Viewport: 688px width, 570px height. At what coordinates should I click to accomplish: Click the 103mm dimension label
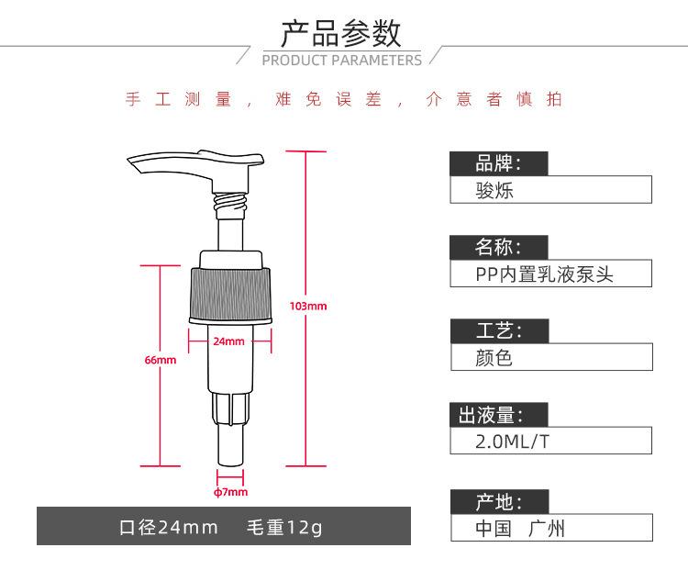pos(308,306)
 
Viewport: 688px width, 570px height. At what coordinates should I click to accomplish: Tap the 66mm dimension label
pos(161,360)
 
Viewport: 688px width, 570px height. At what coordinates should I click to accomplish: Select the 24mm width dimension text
pos(228,341)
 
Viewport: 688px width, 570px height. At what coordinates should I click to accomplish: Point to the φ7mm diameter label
pos(231,492)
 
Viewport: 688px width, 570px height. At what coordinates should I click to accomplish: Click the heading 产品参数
pos(341,33)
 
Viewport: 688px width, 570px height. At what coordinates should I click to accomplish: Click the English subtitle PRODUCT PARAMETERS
pos(342,61)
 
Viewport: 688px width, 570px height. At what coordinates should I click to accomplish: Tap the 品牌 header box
pos(499,163)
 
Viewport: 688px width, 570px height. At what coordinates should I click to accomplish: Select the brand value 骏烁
pos(494,191)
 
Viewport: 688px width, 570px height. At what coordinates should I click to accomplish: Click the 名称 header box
pos(499,247)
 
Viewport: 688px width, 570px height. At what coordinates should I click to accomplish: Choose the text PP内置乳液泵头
pos(544,274)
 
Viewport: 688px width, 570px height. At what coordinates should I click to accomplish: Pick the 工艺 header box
pos(500,330)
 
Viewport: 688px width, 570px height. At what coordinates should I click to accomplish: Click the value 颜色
pos(494,358)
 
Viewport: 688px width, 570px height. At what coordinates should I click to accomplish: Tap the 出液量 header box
pos(499,415)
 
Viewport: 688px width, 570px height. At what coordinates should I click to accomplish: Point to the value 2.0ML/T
pos(513,441)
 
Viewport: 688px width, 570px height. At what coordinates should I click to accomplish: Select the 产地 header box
pos(500,502)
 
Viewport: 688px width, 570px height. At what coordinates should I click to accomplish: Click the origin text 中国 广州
pos(520,529)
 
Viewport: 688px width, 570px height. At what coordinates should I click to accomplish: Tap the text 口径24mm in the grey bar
pos(169,527)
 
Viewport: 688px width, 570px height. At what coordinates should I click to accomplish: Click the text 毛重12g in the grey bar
pos(284,527)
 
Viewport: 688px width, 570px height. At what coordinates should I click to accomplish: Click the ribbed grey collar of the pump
pos(230,295)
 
